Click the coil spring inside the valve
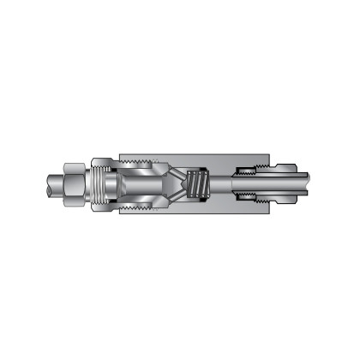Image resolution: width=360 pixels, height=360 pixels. tap(197, 183)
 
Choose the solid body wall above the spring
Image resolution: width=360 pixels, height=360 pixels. tap(201, 155)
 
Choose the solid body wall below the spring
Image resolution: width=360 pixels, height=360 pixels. tap(201, 211)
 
